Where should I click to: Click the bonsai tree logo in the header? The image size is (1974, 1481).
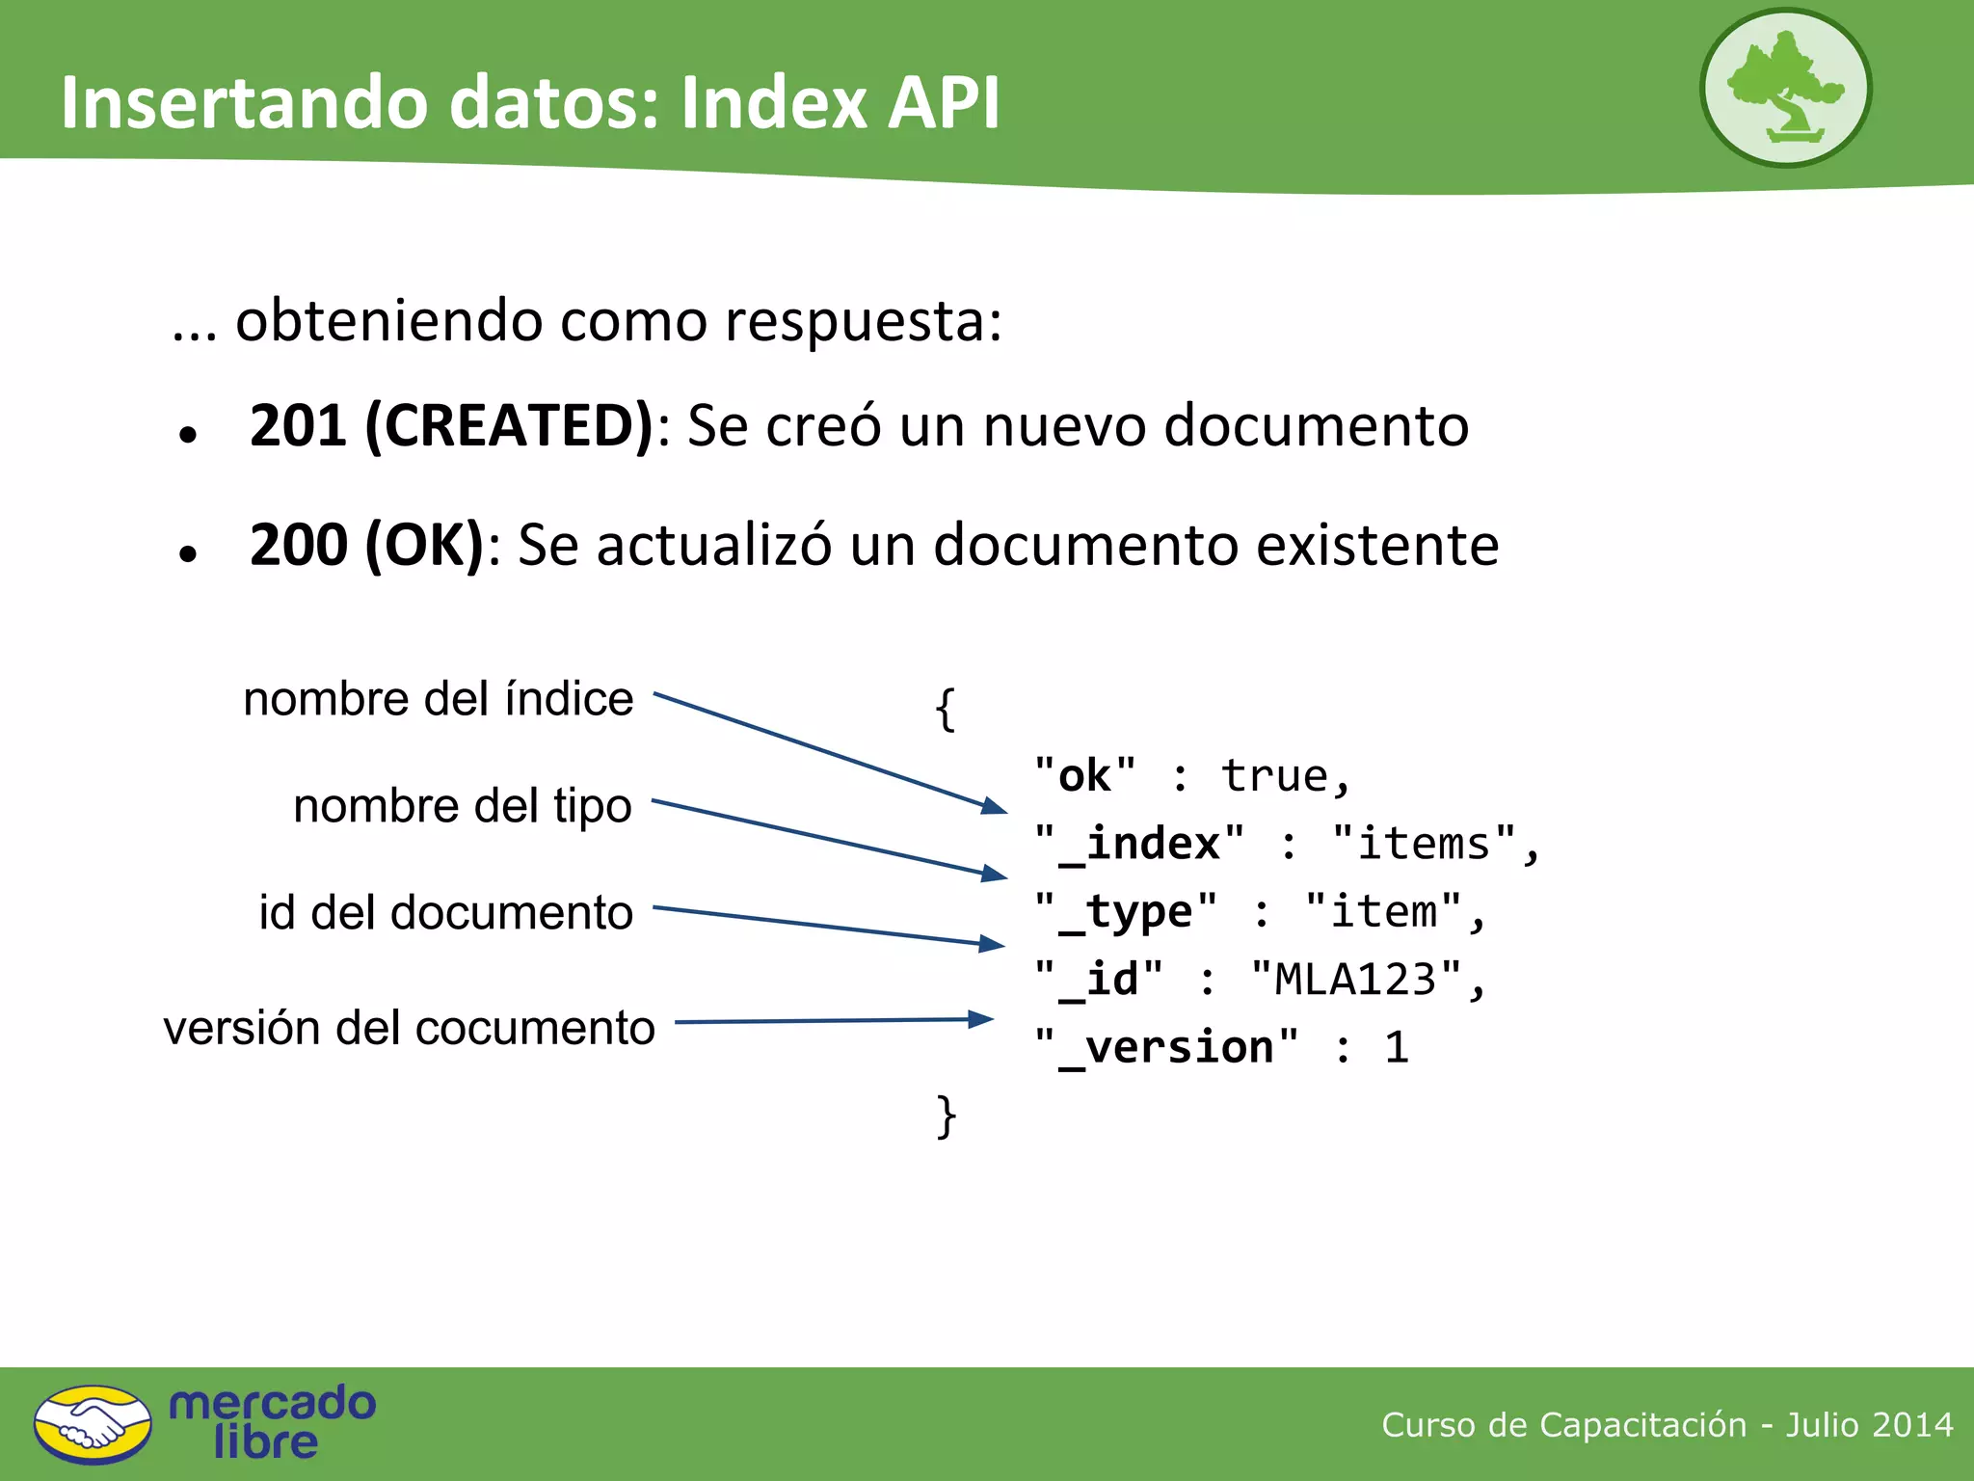[x=1785, y=88]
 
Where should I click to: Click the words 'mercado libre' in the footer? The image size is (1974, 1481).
[x=272, y=1422]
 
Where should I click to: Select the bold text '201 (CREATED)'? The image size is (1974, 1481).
[x=451, y=425]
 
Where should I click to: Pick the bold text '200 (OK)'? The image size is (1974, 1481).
[x=366, y=545]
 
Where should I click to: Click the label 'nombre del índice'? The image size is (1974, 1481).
[x=439, y=699]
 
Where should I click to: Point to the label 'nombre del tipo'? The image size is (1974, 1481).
[x=463, y=806]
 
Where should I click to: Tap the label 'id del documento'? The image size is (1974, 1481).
[x=445, y=912]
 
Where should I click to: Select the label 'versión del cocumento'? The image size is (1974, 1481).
[x=409, y=1028]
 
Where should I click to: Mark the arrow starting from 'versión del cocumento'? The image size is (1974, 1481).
[x=834, y=1020]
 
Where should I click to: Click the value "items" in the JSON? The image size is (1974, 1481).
[x=1424, y=845]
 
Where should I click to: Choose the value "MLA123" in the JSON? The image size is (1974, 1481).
[x=1355, y=980]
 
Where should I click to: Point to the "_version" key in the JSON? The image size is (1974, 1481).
[x=1166, y=1048]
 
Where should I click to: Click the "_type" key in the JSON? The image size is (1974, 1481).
[x=1126, y=912]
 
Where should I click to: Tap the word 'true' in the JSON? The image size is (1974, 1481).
[x=1274, y=776]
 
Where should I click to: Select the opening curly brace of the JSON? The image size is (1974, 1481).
[x=946, y=710]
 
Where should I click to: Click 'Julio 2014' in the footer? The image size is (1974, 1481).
[x=1869, y=1424]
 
